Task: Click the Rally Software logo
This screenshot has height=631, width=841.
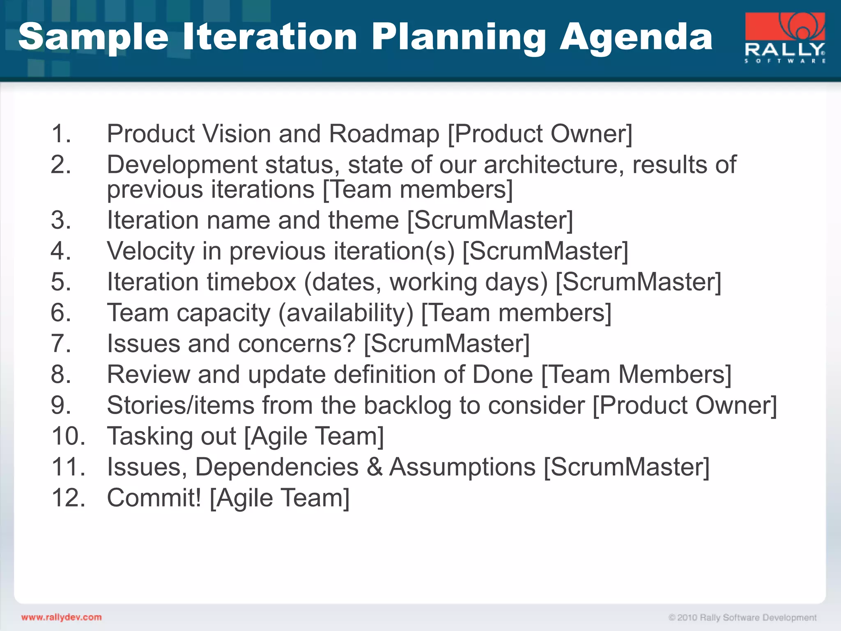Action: (x=785, y=38)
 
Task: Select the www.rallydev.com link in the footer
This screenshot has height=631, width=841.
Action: (x=62, y=617)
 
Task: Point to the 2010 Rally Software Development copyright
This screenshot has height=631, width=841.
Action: (x=742, y=617)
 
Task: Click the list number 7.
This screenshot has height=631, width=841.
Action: (x=61, y=343)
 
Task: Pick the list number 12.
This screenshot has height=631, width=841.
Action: (x=68, y=498)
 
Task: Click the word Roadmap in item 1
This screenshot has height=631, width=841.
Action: (x=384, y=134)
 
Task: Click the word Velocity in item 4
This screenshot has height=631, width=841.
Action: (x=151, y=251)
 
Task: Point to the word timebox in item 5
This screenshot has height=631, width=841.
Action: (x=251, y=282)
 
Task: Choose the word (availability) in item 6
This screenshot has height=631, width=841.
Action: (x=346, y=313)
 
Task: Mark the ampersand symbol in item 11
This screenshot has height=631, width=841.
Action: (x=374, y=467)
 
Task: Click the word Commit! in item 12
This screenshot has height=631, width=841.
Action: (x=154, y=498)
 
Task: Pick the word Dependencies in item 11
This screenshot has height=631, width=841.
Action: (x=276, y=467)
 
